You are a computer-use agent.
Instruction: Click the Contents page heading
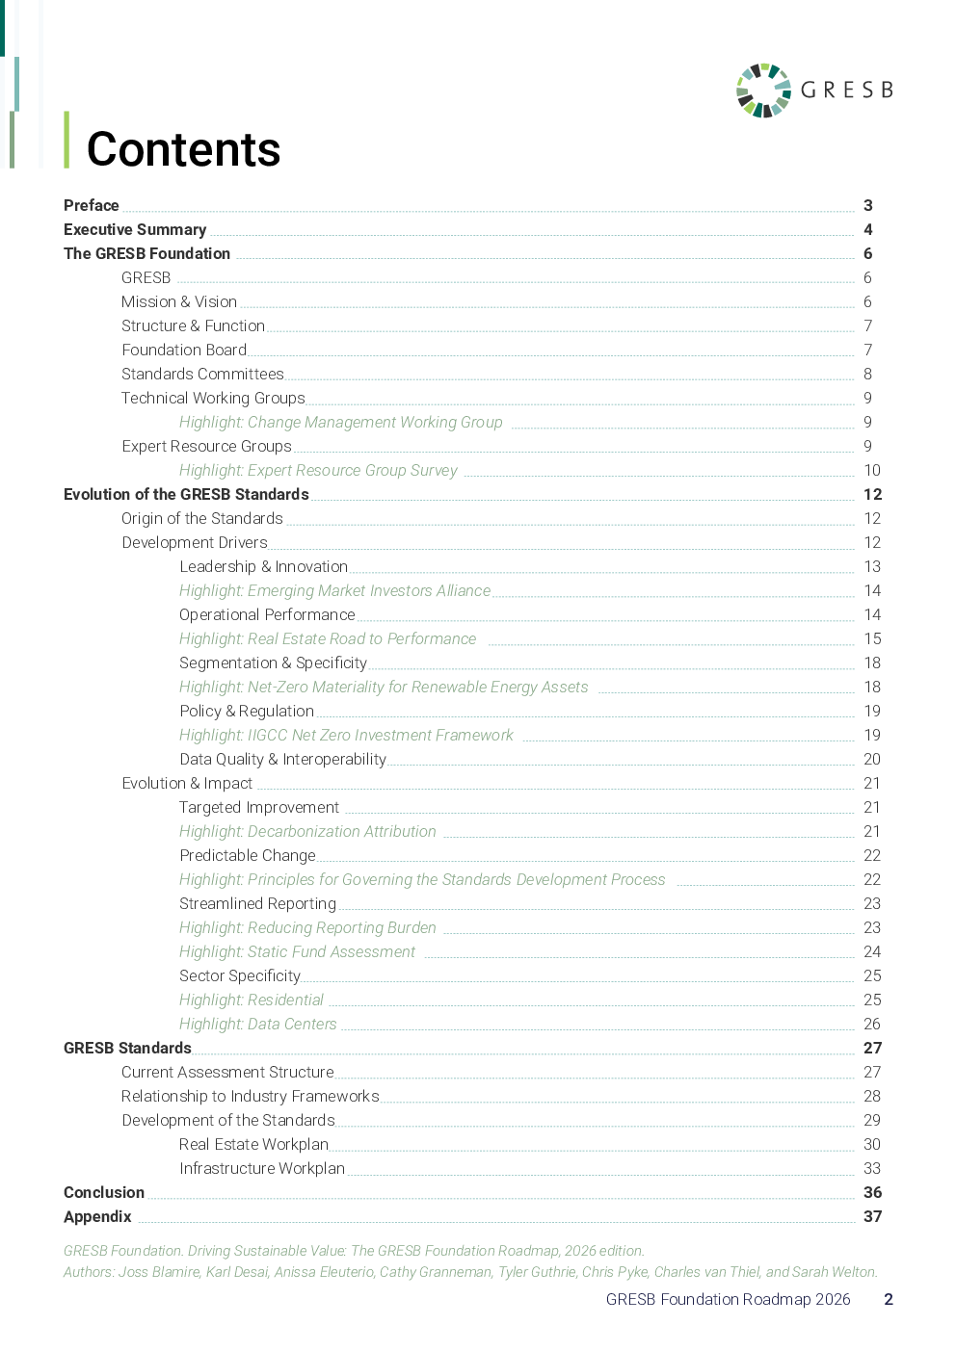coord(183,149)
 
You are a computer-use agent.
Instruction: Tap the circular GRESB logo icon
coord(762,91)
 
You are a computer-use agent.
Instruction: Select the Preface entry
coord(92,205)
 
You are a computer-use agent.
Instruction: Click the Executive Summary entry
coord(135,229)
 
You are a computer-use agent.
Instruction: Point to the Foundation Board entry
coord(184,350)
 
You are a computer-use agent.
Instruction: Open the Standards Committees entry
coord(202,374)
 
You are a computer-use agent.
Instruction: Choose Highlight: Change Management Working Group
coord(340,422)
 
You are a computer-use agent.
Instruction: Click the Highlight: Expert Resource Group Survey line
coord(318,470)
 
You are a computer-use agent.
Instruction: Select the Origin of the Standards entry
coord(202,518)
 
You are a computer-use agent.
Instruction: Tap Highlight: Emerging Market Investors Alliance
coord(334,590)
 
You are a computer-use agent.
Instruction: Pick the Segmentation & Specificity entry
coord(273,663)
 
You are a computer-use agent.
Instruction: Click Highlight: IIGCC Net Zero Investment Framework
coord(346,735)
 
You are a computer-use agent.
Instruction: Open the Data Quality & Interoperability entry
coord(282,759)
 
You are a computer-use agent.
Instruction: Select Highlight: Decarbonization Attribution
coord(307,831)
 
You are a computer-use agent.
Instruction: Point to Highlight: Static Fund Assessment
coord(297,951)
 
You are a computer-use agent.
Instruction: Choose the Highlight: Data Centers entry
coord(257,1024)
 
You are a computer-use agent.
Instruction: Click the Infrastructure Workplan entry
coord(261,1168)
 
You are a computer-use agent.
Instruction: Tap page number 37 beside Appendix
coord(872,1216)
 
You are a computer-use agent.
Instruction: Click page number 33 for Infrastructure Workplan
coord(872,1168)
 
